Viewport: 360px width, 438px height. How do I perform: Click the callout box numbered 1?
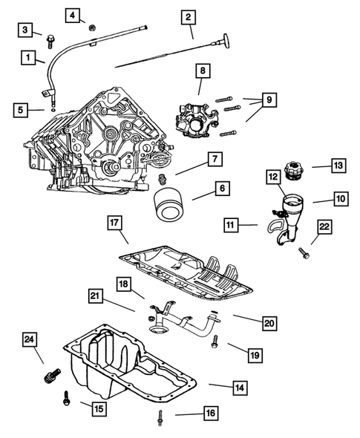click(28, 56)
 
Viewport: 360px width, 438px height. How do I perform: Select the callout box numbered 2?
click(189, 16)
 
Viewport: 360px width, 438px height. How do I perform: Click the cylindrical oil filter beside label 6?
click(168, 204)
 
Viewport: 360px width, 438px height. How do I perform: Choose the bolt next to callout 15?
click(66, 402)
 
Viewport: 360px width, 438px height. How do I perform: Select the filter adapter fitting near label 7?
click(163, 177)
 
